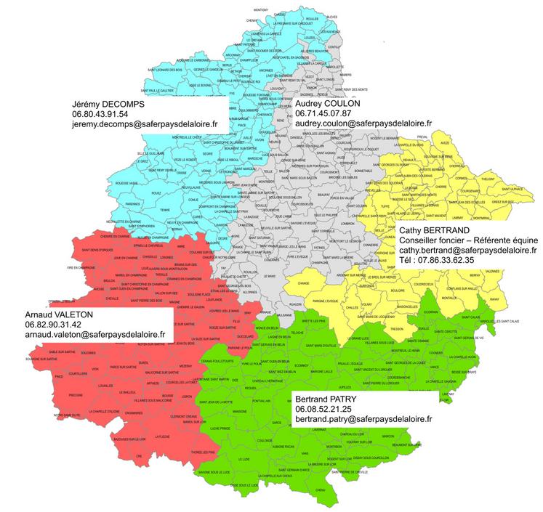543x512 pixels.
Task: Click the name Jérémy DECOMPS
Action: pos(108,103)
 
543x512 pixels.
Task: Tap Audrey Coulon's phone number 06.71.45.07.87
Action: pos(323,113)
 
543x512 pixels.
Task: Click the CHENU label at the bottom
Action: pos(321,490)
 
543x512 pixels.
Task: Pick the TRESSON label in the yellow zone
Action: pos(396,307)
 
